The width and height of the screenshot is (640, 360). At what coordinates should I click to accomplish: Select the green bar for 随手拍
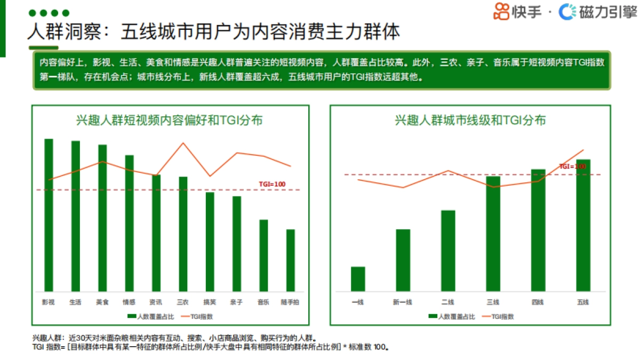(290, 260)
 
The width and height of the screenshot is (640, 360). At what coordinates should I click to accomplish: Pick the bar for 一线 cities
(358, 278)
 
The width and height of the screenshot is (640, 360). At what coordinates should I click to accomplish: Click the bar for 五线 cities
(583, 225)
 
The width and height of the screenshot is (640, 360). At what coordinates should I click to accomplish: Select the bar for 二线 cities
(448, 250)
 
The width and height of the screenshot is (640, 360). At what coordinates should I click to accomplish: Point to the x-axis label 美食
(102, 302)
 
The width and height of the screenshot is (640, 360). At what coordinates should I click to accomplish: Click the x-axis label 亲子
(236, 302)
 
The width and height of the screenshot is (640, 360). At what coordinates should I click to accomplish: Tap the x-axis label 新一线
(403, 303)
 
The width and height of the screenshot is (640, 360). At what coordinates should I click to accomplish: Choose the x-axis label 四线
(538, 303)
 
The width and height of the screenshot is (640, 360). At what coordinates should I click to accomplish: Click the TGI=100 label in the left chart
(272, 185)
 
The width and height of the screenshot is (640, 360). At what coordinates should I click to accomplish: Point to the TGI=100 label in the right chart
(572, 166)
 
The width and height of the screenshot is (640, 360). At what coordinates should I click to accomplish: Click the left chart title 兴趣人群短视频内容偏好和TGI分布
(169, 120)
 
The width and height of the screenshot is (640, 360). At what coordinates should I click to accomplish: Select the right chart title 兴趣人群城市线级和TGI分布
(470, 120)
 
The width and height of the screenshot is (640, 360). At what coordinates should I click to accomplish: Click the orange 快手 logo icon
(501, 11)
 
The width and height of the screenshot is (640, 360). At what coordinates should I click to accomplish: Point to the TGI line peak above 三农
(183, 143)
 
